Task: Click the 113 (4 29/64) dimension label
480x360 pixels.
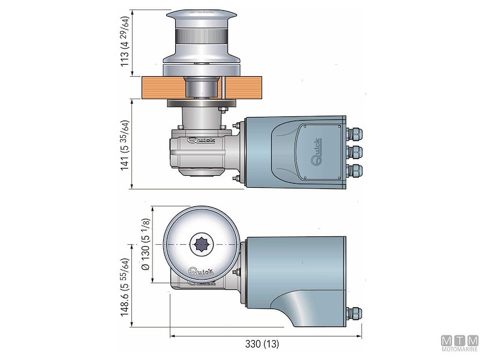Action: click(125, 40)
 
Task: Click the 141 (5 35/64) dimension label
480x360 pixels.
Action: click(125, 144)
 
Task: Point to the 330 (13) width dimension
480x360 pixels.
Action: click(263, 344)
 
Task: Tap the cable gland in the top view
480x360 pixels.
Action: click(355, 314)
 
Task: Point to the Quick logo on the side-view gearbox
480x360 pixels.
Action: click(200, 142)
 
